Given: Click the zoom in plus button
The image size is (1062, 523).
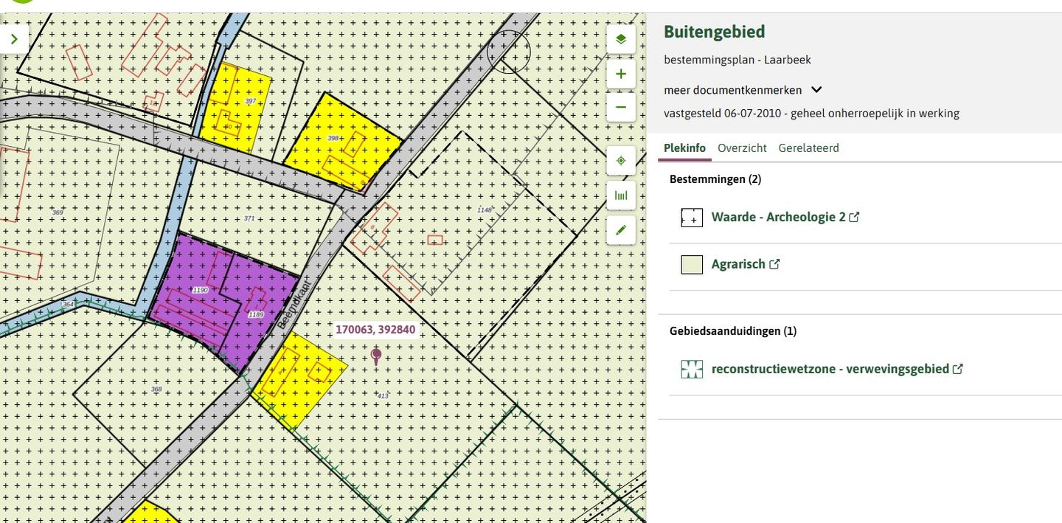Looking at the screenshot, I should click(x=621, y=74).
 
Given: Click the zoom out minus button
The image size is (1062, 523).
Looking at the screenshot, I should click(x=621, y=107).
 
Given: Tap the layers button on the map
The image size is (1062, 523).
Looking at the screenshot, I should click(x=621, y=39).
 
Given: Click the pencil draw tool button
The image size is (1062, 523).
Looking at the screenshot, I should click(x=621, y=230).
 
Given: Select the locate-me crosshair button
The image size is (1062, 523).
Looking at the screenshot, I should click(x=621, y=160).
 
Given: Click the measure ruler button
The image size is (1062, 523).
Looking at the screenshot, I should click(x=621, y=195).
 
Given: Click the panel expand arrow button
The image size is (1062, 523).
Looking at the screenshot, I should click(x=14, y=39).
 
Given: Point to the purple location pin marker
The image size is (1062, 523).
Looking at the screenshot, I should click(x=376, y=356).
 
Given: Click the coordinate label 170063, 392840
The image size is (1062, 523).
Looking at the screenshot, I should click(x=375, y=330).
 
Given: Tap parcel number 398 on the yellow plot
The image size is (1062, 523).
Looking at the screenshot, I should click(x=333, y=139).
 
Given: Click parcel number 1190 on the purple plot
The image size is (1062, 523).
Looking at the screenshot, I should click(x=201, y=291).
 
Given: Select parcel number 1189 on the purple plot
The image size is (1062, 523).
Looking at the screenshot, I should click(x=256, y=315).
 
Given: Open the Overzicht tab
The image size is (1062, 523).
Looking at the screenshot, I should click(x=742, y=148).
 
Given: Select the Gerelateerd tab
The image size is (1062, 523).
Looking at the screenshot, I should click(x=808, y=148).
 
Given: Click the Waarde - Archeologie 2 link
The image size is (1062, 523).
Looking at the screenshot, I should click(x=778, y=218).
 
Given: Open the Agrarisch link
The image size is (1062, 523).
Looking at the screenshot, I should click(x=738, y=264).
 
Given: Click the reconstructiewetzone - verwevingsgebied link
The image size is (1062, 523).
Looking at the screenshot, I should click(x=830, y=369).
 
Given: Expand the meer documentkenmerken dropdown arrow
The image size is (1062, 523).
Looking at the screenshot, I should click(x=816, y=90).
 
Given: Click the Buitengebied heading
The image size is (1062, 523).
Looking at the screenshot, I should click(x=714, y=32).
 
